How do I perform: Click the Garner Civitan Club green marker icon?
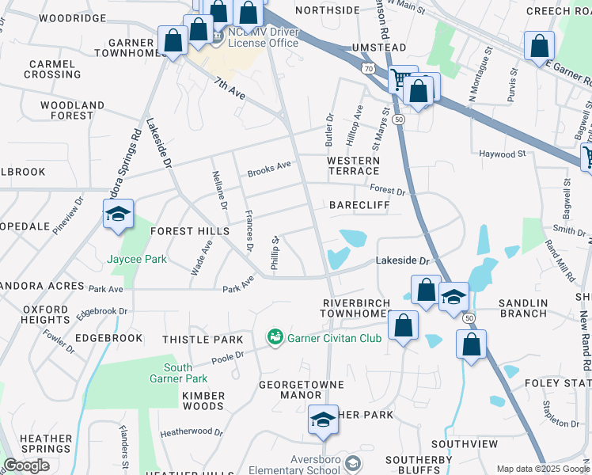pos(275,338)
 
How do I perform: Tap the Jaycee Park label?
pos(137,259)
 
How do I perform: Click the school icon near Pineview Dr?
pos(118,215)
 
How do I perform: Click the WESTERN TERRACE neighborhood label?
pos(353,165)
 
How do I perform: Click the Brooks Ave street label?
pos(269,168)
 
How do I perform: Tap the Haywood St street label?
pos(503,154)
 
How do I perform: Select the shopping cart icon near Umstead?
pos(400,80)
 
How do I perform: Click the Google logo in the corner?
pos(26,465)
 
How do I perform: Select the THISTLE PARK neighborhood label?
pos(203,340)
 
